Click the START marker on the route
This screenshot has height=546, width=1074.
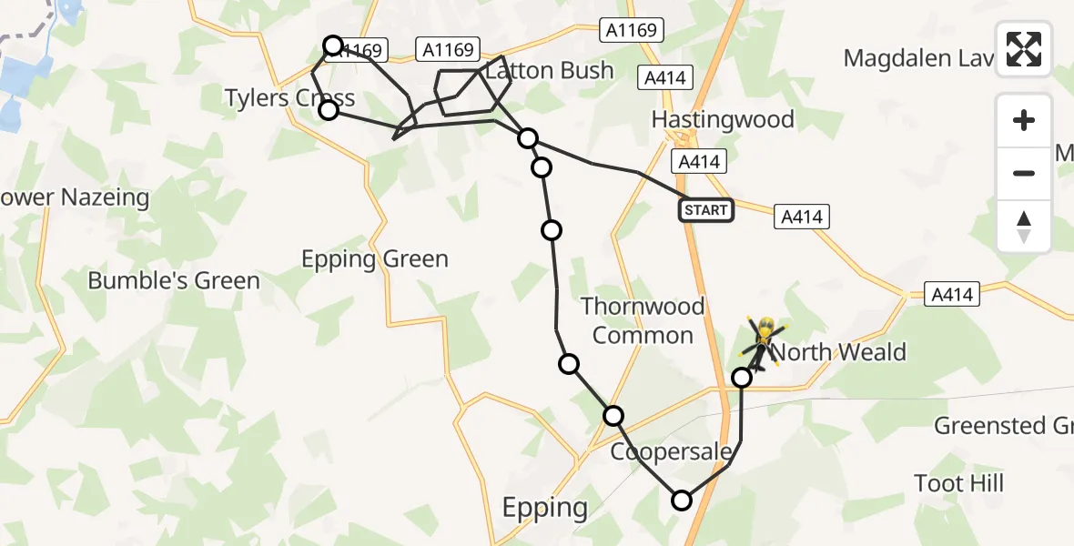click(x=705, y=210)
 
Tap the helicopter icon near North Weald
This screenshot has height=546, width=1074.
click(x=764, y=342)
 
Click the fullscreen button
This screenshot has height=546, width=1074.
click(x=1024, y=49)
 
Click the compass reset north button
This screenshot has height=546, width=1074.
click(x=1024, y=226)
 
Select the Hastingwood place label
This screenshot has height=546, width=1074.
click(x=723, y=119)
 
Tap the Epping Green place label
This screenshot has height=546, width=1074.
click(x=375, y=259)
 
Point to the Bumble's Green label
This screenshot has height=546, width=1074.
click(x=174, y=280)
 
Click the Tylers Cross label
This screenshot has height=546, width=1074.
click(x=289, y=97)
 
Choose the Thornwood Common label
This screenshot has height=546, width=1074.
click(x=643, y=320)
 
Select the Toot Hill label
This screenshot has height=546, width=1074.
click(x=959, y=482)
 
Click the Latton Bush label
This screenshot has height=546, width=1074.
click(x=550, y=70)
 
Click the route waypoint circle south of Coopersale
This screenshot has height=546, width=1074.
click(x=682, y=500)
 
